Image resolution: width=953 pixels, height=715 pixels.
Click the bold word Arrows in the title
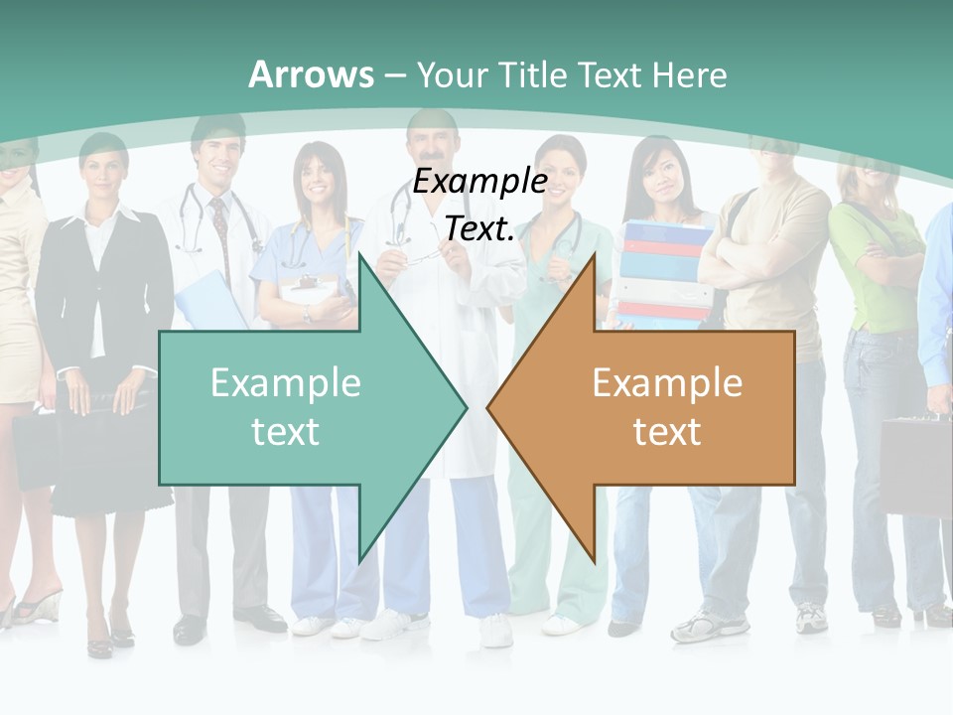[311, 74]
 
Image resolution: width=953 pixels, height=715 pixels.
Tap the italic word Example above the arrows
[479, 181]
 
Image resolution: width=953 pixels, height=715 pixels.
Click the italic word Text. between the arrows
[479, 228]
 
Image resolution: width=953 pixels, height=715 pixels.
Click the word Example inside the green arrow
[286, 382]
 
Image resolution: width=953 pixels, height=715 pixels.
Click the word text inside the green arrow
[286, 431]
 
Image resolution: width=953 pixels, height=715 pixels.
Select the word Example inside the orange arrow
[667, 382]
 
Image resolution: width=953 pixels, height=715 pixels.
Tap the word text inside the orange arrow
[667, 431]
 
